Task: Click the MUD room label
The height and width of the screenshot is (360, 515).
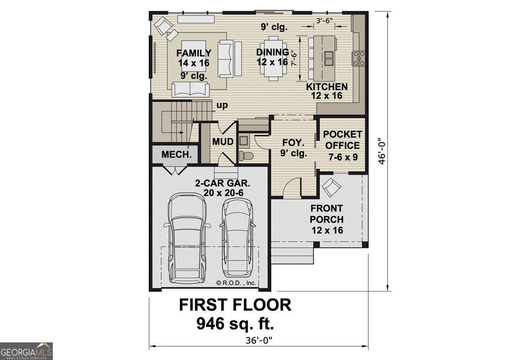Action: [x=222, y=142]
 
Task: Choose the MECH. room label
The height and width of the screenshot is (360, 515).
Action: [x=176, y=154]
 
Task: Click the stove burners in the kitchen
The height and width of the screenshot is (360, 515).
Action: [x=360, y=58]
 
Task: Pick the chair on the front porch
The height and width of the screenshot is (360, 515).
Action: [x=331, y=187]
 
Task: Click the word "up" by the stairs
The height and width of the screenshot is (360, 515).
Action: [x=222, y=106]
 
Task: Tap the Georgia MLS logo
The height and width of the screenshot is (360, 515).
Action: [x=26, y=351]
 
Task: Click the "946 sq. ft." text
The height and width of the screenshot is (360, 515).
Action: [x=235, y=323]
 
